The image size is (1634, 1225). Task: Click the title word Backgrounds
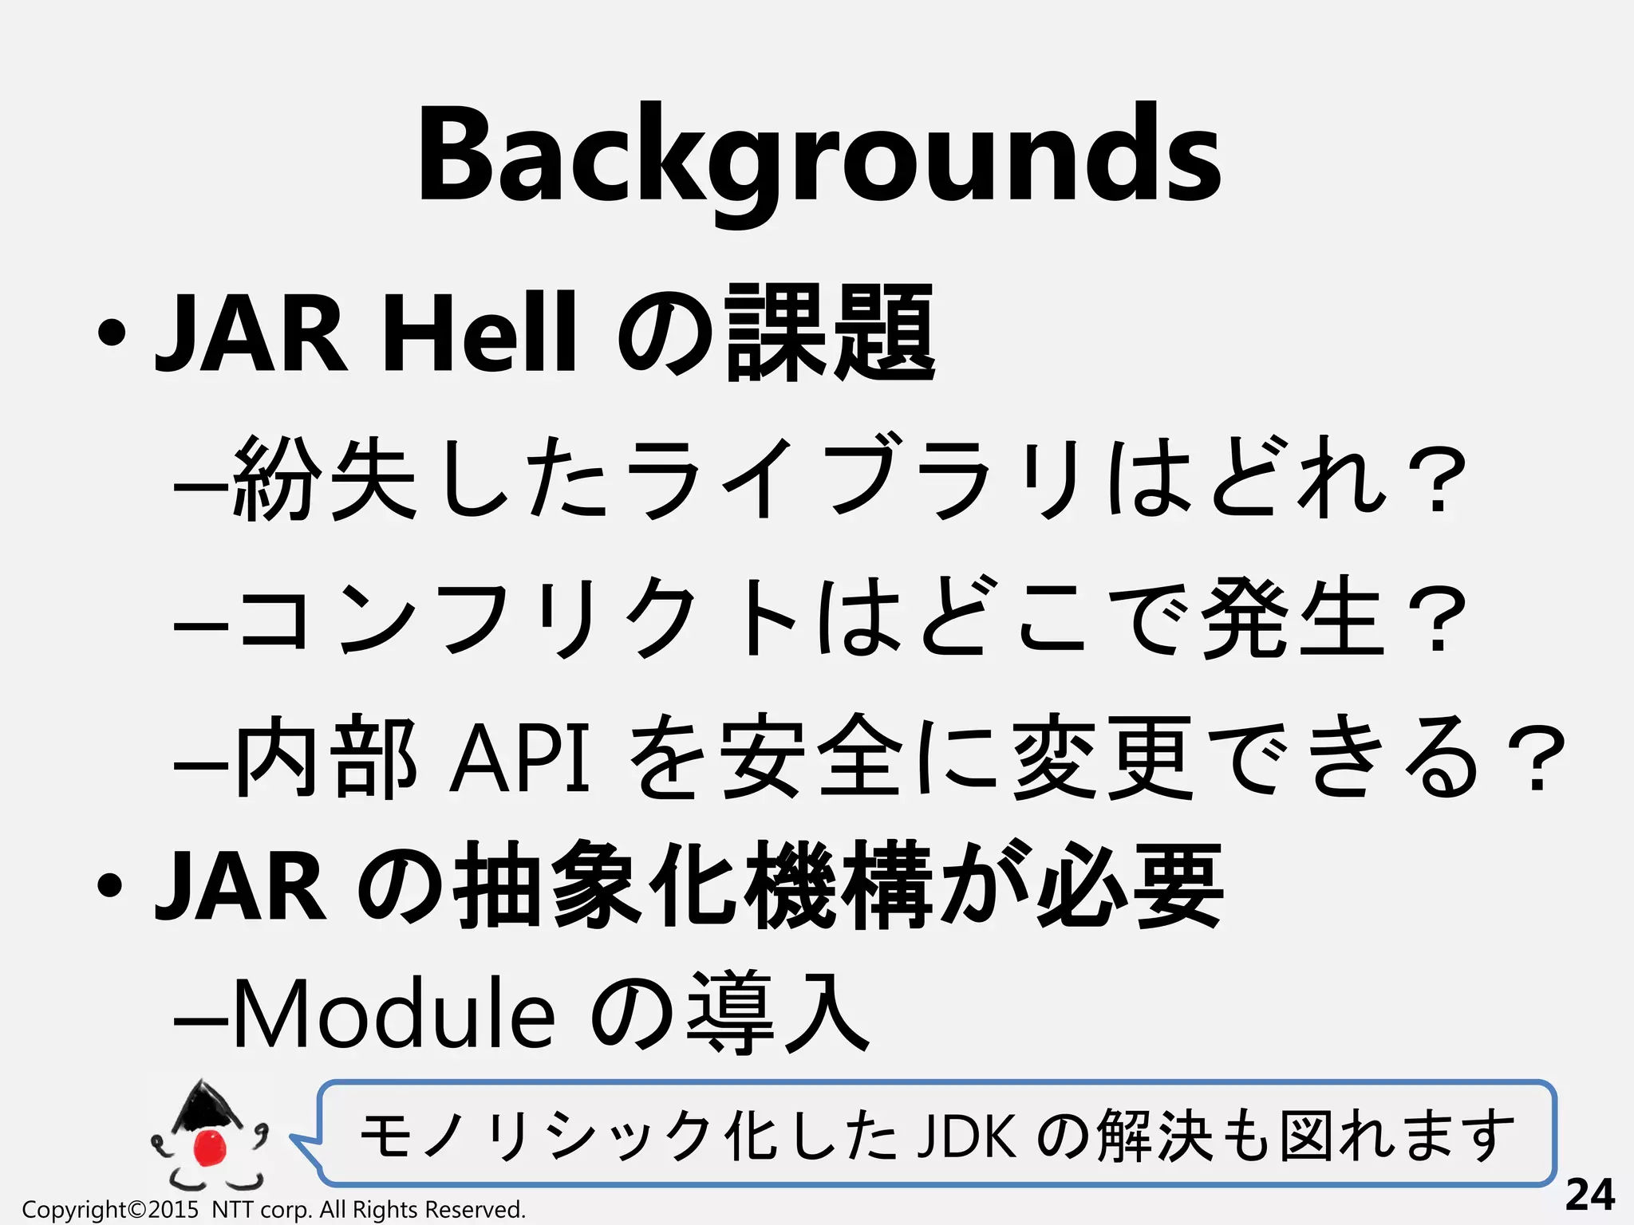[819, 156]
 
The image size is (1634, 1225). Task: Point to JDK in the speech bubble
[966, 1136]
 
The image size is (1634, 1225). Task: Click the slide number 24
[1589, 1195]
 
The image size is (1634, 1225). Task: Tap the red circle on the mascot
[211, 1147]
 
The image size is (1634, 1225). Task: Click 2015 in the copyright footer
[173, 1210]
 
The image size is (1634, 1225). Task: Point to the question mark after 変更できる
[1536, 758]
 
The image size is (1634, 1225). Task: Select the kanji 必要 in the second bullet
[1129, 885]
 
